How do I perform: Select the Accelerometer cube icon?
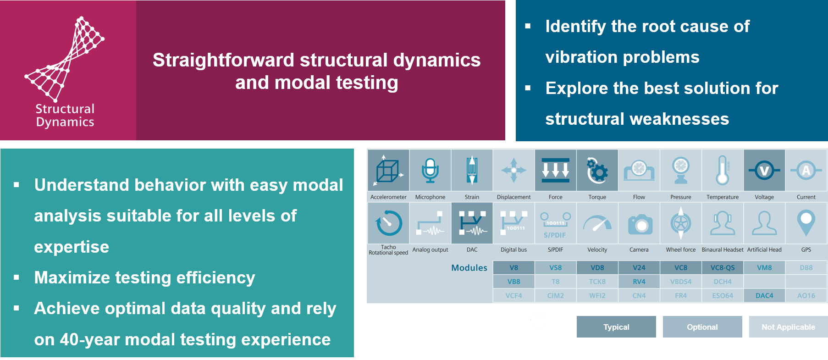pyautogui.click(x=388, y=171)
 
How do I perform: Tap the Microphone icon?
pyautogui.click(x=430, y=171)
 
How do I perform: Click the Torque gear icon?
pyautogui.click(x=597, y=171)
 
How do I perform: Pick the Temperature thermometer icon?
pyautogui.click(x=722, y=171)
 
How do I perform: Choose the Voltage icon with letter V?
pyautogui.click(x=764, y=171)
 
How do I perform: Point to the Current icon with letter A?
pyautogui.click(x=806, y=171)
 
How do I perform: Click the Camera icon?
pyautogui.click(x=639, y=224)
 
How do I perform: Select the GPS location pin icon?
pyautogui.click(x=806, y=223)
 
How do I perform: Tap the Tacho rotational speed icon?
pyautogui.click(x=388, y=223)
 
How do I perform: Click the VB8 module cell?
pyautogui.click(x=513, y=282)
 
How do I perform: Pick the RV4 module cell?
pyautogui.click(x=639, y=282)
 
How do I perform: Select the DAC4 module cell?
pyautogui.click(x=764, y=296)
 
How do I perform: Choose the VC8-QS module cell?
pyautogui.click(x=722, y=268)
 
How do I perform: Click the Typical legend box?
pyautogui.click(x=616, y=327)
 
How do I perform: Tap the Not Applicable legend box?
pyautogui.click(x=788, y=327)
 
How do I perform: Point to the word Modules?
pyautogui.click(x=469, y=268)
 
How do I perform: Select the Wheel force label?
pyautogui.click(x=680, y=250)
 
